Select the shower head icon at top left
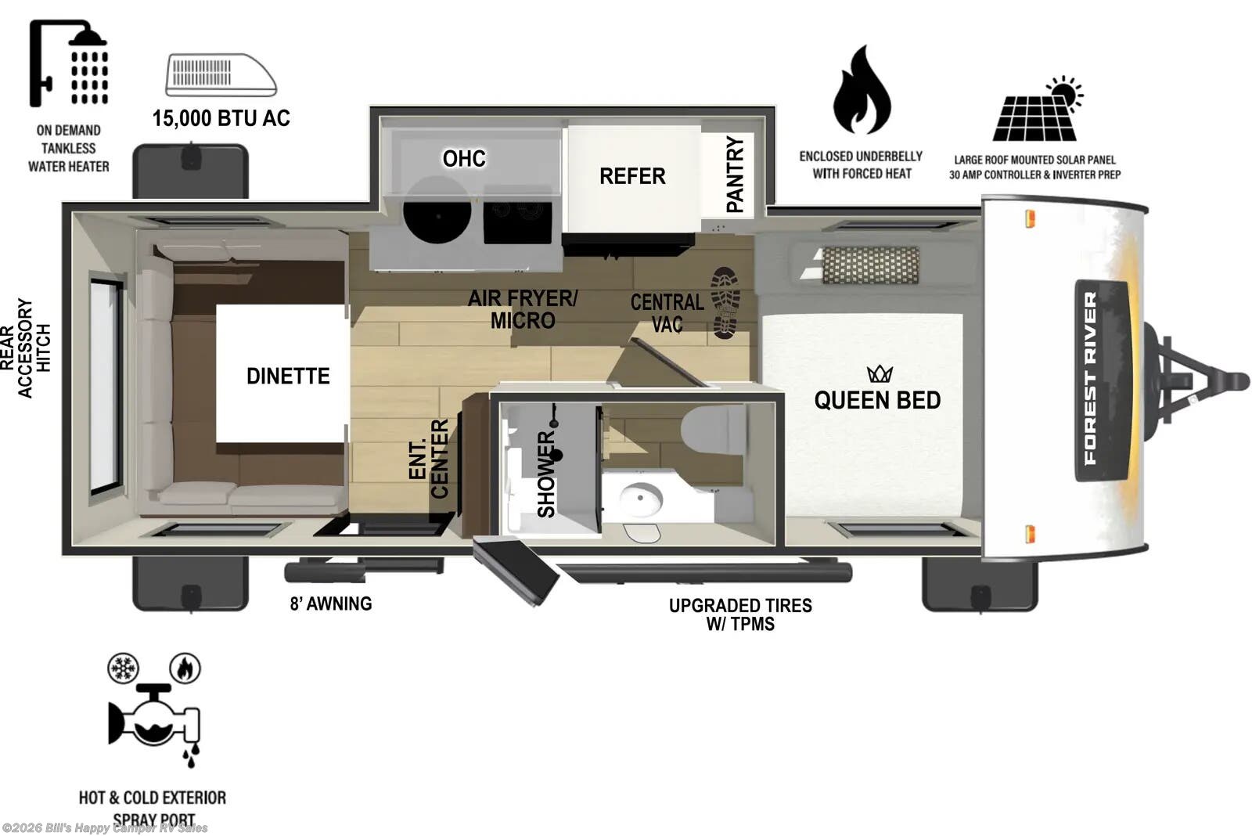coord(69,63)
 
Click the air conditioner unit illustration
coord(221,75)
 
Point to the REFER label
coord(632,176)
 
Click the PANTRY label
coord(735,174)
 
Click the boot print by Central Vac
coord(725,302)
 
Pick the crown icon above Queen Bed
coord(880,373)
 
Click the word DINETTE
coord(288,377)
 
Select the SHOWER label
coord(546,474)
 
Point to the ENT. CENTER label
coord(429,459)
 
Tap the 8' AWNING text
coord(331,604)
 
